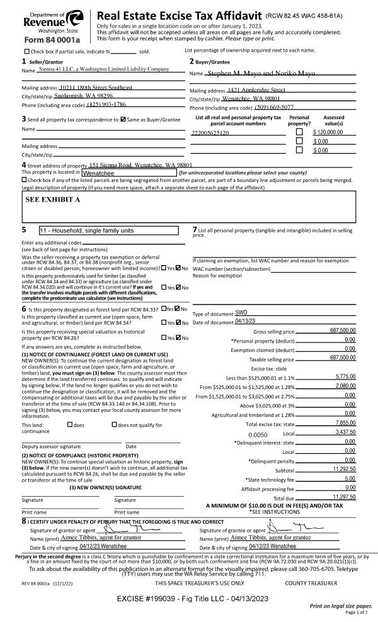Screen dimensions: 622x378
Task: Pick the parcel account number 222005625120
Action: (211, 133)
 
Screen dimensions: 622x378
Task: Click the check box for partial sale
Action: (26, 52)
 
